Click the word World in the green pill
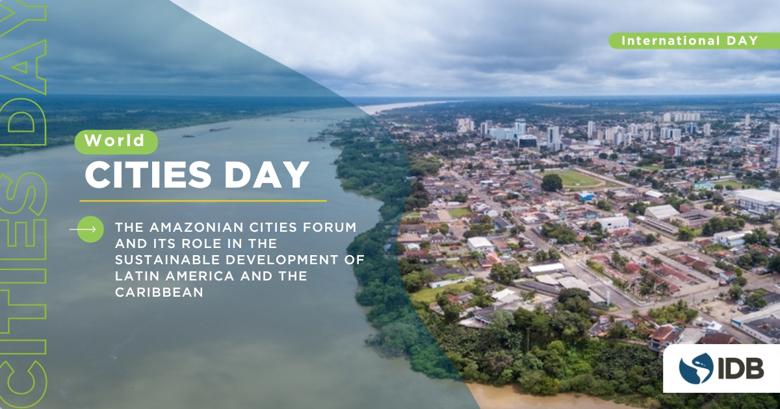114,140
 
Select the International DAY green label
694,41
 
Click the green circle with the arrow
90,229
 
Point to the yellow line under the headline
203,201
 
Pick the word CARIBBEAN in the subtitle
159,292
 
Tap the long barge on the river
220,129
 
